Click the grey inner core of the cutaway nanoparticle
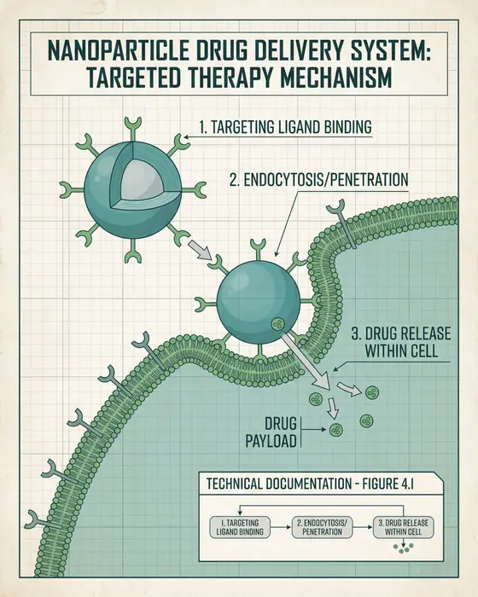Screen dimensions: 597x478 pos(123,178)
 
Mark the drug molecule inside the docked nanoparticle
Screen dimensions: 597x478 pos(277,323)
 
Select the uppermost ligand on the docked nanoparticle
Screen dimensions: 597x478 pos(254,248)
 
